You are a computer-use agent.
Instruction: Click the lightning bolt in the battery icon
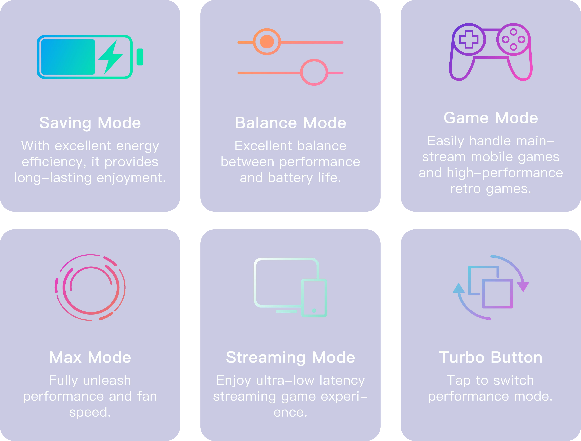[x=111, y=57]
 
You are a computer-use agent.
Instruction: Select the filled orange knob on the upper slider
[x=267, y=42]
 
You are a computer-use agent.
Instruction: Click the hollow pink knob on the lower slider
[x=314, y=72]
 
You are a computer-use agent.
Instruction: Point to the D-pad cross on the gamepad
[x=469, y=39]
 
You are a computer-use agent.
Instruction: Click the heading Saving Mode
[x=90, y=123]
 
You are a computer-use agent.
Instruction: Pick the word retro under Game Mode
[x=465, y=189]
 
